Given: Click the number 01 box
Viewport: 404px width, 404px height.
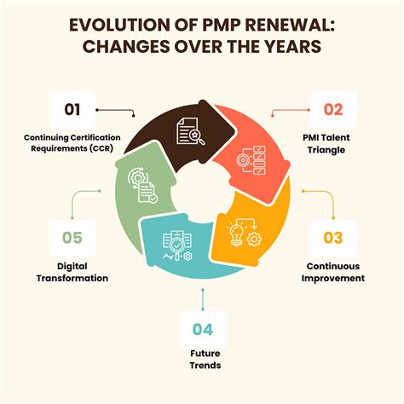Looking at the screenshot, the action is click(x=72, y=109).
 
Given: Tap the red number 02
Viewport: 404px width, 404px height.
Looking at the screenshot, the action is click(x=333, y=109).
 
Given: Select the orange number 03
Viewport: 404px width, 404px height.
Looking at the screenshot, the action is click(x=333, y=238).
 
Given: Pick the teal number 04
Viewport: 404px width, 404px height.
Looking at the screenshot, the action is click(x=203, y=330).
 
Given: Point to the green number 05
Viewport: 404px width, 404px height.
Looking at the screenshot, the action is click(x=72, y=238).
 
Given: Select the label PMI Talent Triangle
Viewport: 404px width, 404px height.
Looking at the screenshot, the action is click(x=326, y=143).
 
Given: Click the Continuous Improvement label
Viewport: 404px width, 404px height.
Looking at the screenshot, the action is click(x=333, y=272).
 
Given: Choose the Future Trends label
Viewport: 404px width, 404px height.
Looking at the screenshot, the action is click(x=205, y=359).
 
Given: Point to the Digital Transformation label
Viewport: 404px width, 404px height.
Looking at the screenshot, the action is click(x=72, y=272).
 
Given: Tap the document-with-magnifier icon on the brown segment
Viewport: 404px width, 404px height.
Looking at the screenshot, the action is click(x=191, y=131).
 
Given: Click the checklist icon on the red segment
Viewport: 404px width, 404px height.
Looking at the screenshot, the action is click(x=251, y=160).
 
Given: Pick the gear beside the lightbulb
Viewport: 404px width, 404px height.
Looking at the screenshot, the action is click(x=254, y=239).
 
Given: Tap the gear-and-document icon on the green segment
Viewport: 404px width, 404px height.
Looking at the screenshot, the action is click(x=143, y=185).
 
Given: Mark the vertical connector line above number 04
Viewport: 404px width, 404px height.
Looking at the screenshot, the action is click(x=203, y=300).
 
